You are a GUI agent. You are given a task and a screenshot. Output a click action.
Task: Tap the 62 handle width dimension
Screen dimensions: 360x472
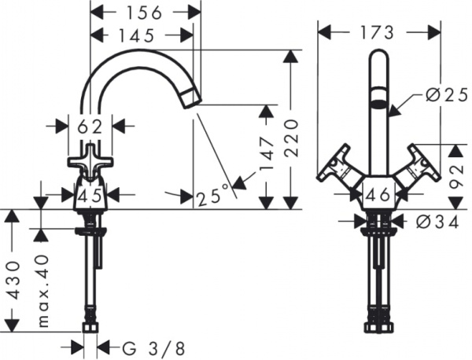(90, 124)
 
